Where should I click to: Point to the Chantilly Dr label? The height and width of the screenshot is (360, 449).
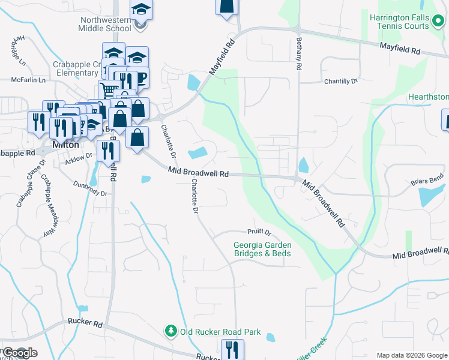[340, 80]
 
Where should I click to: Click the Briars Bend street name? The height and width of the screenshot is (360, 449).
[428, 179]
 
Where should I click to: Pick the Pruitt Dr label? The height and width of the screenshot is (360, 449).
[259, 232]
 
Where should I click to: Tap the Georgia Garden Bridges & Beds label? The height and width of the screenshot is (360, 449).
[262, 249]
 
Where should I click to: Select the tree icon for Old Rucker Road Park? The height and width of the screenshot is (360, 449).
[171, 331]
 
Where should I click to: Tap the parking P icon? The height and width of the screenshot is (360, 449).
[140, 76]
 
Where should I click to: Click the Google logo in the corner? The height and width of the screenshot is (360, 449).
[19, 352]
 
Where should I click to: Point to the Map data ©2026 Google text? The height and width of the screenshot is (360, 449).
[411, 355]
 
